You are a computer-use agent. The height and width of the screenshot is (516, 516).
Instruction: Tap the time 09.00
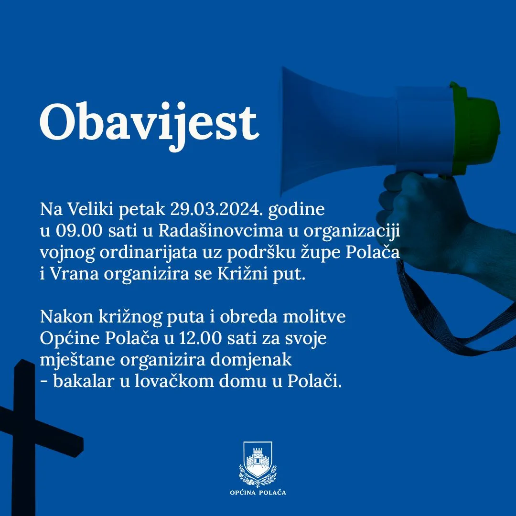pyautogui.click(x=79, y=231)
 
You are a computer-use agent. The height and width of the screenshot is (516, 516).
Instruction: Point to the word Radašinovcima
pyautogui.click(x=221, y=230)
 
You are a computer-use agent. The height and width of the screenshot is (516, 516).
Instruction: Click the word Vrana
pyautogui.click(x=75, y=274)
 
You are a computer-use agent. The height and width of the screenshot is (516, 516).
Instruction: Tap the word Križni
pyautogui.click(x=243, y=274)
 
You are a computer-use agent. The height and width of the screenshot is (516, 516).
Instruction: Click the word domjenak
pyautogui.click(x=251, y=360)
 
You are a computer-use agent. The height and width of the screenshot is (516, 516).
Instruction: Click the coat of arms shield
pyautogui.click(x=258, y=460)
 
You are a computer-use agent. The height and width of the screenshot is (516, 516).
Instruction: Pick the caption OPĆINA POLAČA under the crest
pyautogui.click(x=258, y=493)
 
